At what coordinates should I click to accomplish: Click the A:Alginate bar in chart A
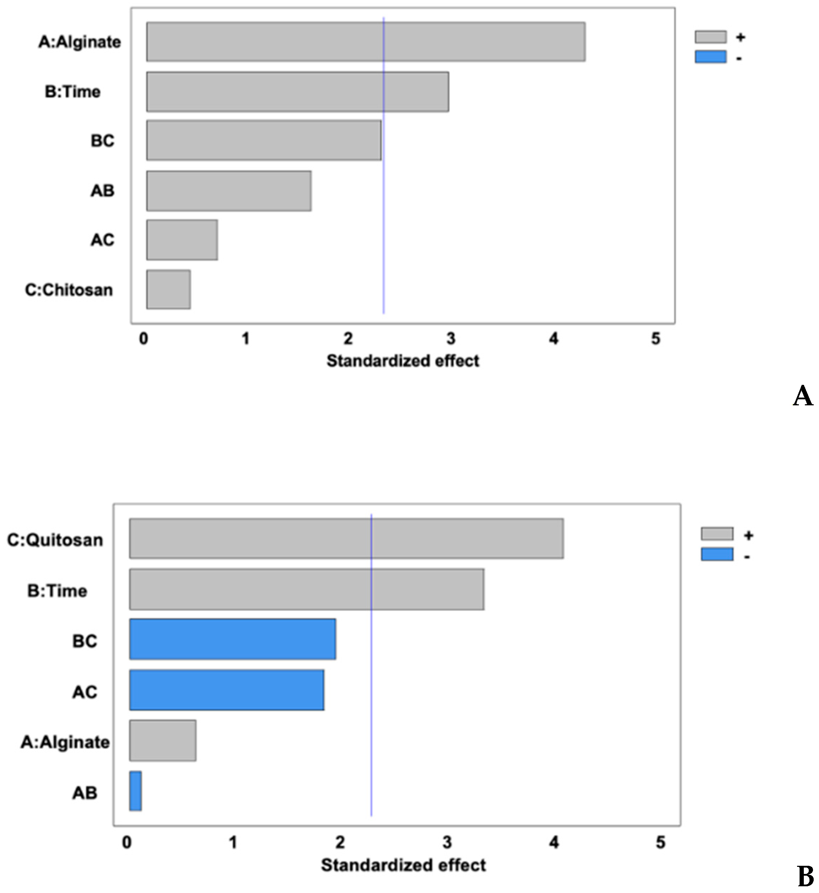tap(366, 42)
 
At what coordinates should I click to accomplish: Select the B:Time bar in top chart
tap(297, 92)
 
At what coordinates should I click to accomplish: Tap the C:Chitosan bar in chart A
tap(169, 289)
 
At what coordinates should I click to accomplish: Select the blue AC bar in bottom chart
tap(226, 690)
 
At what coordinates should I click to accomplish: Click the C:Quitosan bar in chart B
tap(346, 539)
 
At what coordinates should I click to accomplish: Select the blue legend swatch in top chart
tap(711, 57)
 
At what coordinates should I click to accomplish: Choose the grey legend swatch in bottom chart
tap(717, 534)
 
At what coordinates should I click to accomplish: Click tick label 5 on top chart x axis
tap(655, 339)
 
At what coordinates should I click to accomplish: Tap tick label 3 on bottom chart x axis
tap(447, 842)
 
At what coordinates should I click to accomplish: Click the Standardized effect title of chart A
tap(403, 361)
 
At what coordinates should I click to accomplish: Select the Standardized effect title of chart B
tap(403, 865)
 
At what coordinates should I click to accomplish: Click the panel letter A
tap(803, 395)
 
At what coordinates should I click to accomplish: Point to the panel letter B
tap(805, 877)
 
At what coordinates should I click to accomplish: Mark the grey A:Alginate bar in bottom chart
tap(163, 741)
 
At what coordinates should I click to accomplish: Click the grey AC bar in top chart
tap(182, 240)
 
